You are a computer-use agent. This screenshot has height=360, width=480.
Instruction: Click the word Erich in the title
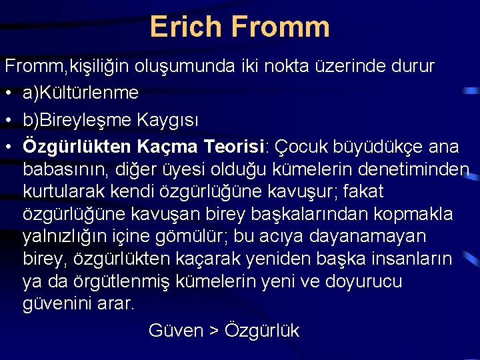pyautogui.click(x=186, y=27)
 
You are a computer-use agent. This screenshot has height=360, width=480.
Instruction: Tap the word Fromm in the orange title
pyautogui.click(x=280, y=27)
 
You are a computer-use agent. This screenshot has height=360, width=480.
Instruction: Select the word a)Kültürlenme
pyautogui.click(x=80, y=93)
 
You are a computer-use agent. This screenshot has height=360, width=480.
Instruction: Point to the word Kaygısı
pyautogui.click(x=168, y=120)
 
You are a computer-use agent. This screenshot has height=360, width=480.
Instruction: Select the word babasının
pyautogui.click(x=65, y=169)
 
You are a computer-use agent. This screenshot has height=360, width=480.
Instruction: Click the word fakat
pyautogui.click(x=363, y=192)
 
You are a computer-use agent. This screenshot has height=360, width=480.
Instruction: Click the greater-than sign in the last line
pyautogui.click(x=213, y=331)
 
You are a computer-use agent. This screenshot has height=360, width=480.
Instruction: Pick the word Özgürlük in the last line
pyautogui.click(x=262, y=331)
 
